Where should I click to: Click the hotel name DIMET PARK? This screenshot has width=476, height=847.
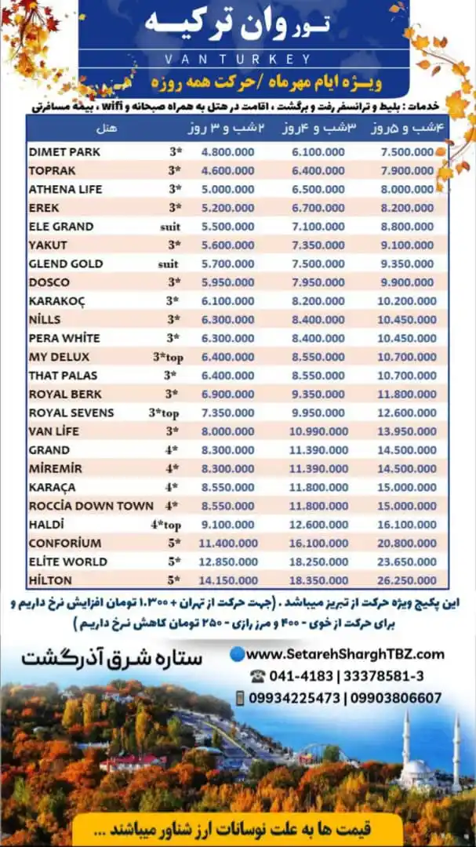(x=64, y=151)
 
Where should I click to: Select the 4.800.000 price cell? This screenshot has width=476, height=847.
(x=227, y=151)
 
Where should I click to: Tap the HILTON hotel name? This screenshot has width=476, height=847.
(x=50, y=580)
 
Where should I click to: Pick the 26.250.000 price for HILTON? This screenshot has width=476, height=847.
(x=405, y=580)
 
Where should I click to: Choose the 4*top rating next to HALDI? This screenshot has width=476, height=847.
(x=165, y=525)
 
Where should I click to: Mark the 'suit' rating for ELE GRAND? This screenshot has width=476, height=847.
(x=168, y=226)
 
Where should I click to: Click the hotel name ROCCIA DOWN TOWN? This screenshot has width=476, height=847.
(x=91, y=506)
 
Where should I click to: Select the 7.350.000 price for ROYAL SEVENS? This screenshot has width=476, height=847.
(x=227, y=413)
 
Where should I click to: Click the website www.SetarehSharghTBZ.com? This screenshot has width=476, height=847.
(x=346, y=654)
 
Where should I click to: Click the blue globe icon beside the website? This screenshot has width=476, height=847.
(x=238, y=653)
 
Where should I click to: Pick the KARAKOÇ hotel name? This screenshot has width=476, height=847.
(x=57, y=300)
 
